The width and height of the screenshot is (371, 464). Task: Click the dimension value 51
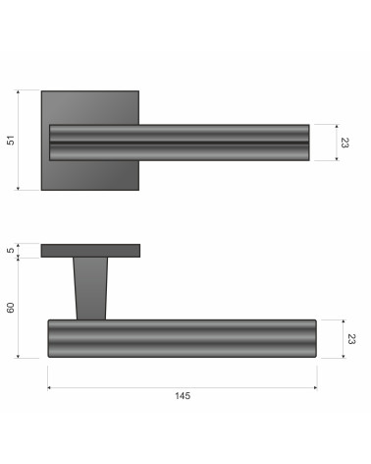tap(11, 141)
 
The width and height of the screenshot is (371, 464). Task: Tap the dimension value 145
tap(183, 396)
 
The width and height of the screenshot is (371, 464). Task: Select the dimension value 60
tap(11, 308)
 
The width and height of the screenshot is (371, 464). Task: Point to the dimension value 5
tap(11, 250)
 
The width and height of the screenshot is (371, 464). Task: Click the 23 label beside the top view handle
tap(344, 143)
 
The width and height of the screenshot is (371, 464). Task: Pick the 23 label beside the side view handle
tap(351, 339)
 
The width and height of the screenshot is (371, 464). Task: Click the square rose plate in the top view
tap(90, 108)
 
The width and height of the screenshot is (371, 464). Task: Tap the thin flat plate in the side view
tap(90, 251)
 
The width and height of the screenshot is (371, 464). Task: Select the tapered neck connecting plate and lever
tap(90, 288)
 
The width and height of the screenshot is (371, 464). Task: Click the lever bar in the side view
tap(183, 338)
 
